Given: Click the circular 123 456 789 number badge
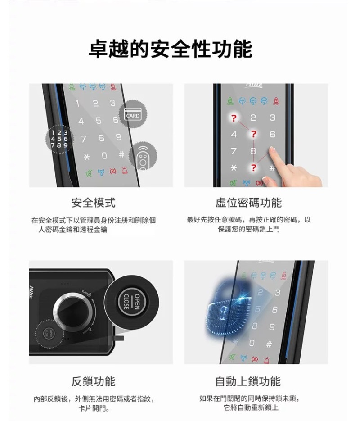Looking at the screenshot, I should pos(59,139).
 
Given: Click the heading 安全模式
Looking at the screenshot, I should pos(94,203).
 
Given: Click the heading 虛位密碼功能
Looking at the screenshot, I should pos(248,203).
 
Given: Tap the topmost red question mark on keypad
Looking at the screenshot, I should pos(233,118).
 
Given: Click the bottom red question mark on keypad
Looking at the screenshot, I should pos(254,167).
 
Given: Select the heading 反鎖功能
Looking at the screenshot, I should pos(94,382).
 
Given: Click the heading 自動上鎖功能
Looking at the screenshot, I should pos(248,382).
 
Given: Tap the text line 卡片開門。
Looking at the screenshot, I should pos(94,409).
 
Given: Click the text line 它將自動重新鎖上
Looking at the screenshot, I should pos(251,408).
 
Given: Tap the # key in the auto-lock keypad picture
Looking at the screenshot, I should pos(269,344).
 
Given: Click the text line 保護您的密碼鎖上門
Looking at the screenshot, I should pos(248,230).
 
